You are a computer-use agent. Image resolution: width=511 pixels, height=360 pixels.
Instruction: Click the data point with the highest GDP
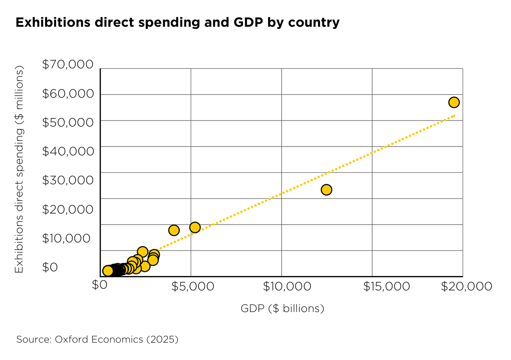pyautogui.click(x=454, y=102)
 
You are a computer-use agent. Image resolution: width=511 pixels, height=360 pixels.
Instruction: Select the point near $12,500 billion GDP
pyautogui.click(x=326, y=190)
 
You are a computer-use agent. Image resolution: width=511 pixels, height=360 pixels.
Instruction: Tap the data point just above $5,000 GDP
pyautogui.click(x=195, y=228)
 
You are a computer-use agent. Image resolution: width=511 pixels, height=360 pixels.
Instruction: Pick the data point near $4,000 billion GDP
pyautogui.click(x=174, y=230)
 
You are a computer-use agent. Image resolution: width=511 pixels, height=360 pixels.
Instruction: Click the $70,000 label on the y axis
pyautogui.click(x=68, y=65)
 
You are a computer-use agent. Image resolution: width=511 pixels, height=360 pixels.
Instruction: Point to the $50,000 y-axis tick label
pyautogui.click(x=68, y=122)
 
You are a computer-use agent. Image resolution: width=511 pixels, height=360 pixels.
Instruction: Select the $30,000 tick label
pyautogui.click(x=68, y=180)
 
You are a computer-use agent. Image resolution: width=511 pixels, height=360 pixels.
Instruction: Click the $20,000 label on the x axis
pyautogui.click(x=466, y=287)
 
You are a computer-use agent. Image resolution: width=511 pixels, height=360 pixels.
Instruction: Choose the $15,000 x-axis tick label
pyautogui.click(x=387, y=287)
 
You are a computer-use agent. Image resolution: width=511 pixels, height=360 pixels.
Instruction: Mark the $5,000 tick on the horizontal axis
pyautogui.click(x=192, y=287)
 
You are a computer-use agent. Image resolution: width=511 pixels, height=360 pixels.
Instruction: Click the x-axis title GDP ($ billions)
pyautogui.click(x=282, y=309)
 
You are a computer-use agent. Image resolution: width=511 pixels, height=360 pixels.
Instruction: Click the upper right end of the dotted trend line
pyautogui.click(x=455, y=115)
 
